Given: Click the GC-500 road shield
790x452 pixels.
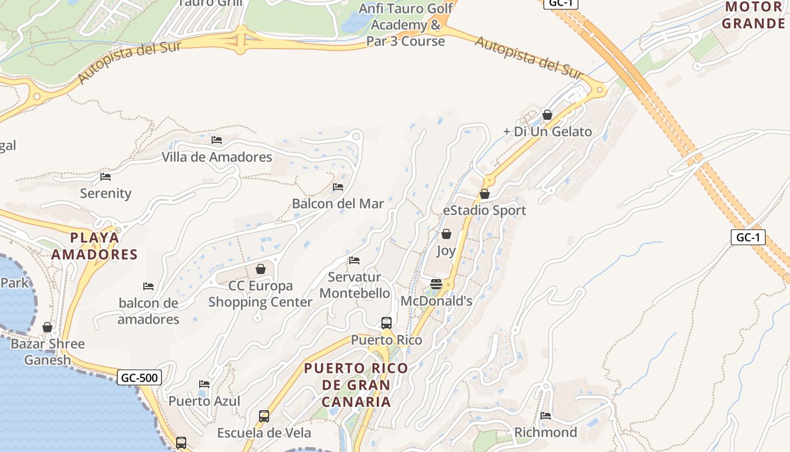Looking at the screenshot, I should coord(139,377).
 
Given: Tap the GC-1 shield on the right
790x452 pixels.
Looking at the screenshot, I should coord(748,237).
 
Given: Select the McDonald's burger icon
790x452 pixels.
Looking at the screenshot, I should coord(436,284).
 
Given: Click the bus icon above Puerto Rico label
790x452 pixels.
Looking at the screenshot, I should coord(387,323).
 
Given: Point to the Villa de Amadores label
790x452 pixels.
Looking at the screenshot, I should coord(217,157).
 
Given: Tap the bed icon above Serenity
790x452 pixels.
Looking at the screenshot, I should coord(106,177).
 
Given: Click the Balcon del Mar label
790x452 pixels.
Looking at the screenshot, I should coord(338,203).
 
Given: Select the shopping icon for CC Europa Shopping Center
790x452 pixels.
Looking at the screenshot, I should coord(261,269).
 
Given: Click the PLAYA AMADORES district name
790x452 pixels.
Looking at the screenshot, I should coord(95,246).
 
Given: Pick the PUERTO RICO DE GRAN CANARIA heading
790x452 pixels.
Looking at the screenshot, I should coord(356,385).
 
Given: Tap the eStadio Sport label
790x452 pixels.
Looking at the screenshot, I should coord(484,210).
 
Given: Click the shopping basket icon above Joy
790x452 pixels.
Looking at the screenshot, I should coord(446,234).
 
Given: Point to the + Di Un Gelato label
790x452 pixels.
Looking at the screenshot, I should coord(547,132).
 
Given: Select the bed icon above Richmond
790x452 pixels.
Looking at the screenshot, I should coord(546,416).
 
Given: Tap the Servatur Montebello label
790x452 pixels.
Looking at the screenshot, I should coord(354,285).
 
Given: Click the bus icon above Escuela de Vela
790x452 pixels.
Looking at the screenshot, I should coord(264,416).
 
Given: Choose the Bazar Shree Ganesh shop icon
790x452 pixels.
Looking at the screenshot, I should coord(47,327).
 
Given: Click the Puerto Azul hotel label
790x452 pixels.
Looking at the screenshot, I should coord(204,401).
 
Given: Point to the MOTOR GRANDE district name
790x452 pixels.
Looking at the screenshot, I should coord(753,15).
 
